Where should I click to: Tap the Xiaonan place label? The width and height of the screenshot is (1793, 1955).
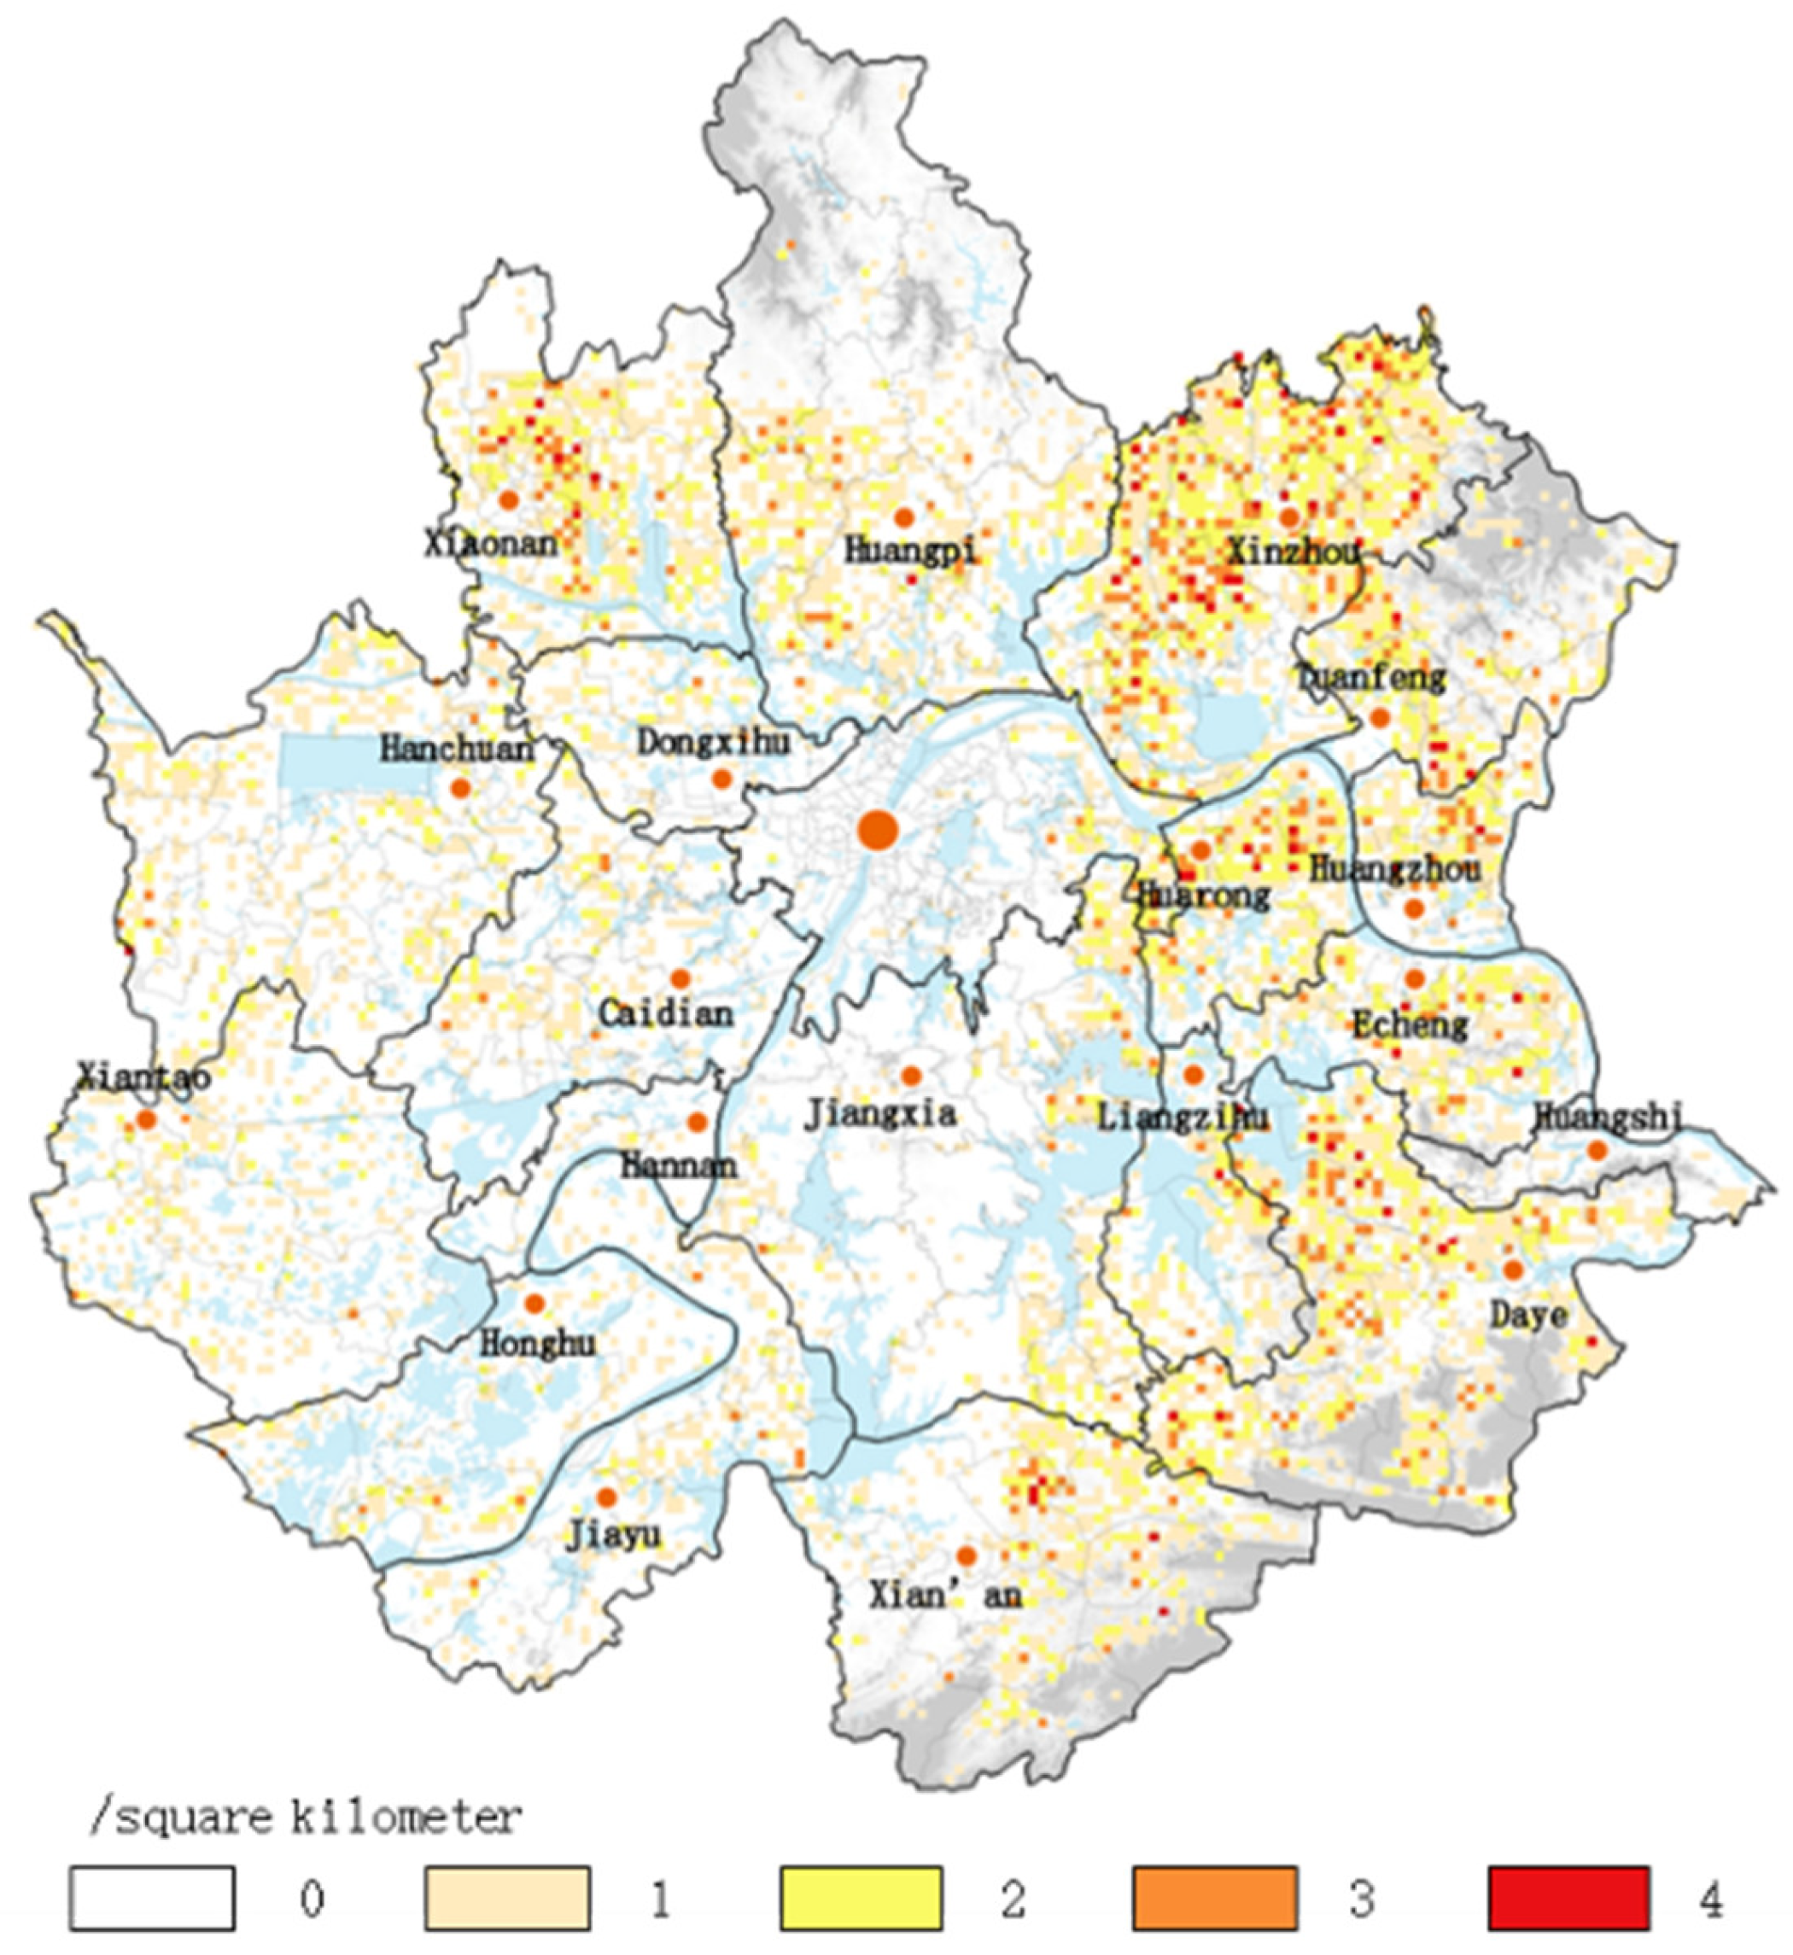tap(491, 542)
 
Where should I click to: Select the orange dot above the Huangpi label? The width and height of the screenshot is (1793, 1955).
tap(904, 517)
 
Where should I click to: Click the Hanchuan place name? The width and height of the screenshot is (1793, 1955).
tap(457, 748)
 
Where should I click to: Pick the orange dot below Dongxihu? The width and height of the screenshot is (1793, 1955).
tap(721, 778)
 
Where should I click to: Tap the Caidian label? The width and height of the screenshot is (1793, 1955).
tap(666, 1015)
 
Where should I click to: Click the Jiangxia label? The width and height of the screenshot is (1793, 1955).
tap(880, 1114)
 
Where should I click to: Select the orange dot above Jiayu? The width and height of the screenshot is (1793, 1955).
tap(606, 1497)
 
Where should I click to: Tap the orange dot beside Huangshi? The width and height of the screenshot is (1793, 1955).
tap(1597, 1151)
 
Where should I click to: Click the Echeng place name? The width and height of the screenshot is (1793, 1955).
tap(1410, 1025)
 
